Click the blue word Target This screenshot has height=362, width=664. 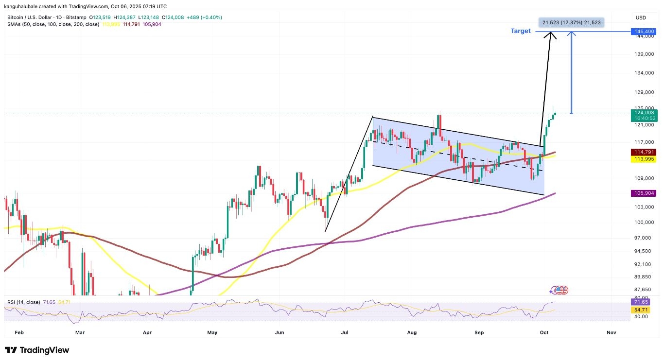tap(520, 31)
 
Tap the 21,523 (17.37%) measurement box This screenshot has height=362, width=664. tap(571, 22)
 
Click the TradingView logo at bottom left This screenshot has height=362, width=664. tap(37, 350)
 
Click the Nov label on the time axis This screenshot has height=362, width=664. tap(612, 333)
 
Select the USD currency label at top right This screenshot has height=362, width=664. tap(641, 18)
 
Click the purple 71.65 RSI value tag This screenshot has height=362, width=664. tap(641, 302)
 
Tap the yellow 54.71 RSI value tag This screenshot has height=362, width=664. tap(641, 310)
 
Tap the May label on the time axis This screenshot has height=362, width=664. tap(212, 333)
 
